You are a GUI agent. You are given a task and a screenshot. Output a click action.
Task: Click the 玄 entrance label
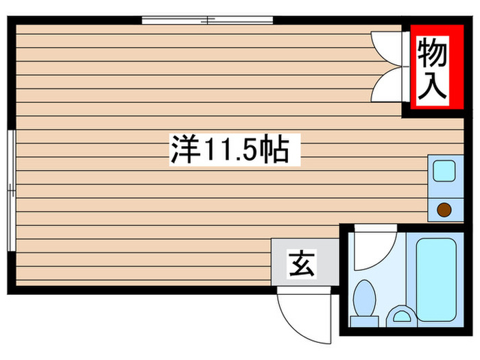[x=302, y=264]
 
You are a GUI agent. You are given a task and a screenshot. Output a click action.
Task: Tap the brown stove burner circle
[x=444, y=211]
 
